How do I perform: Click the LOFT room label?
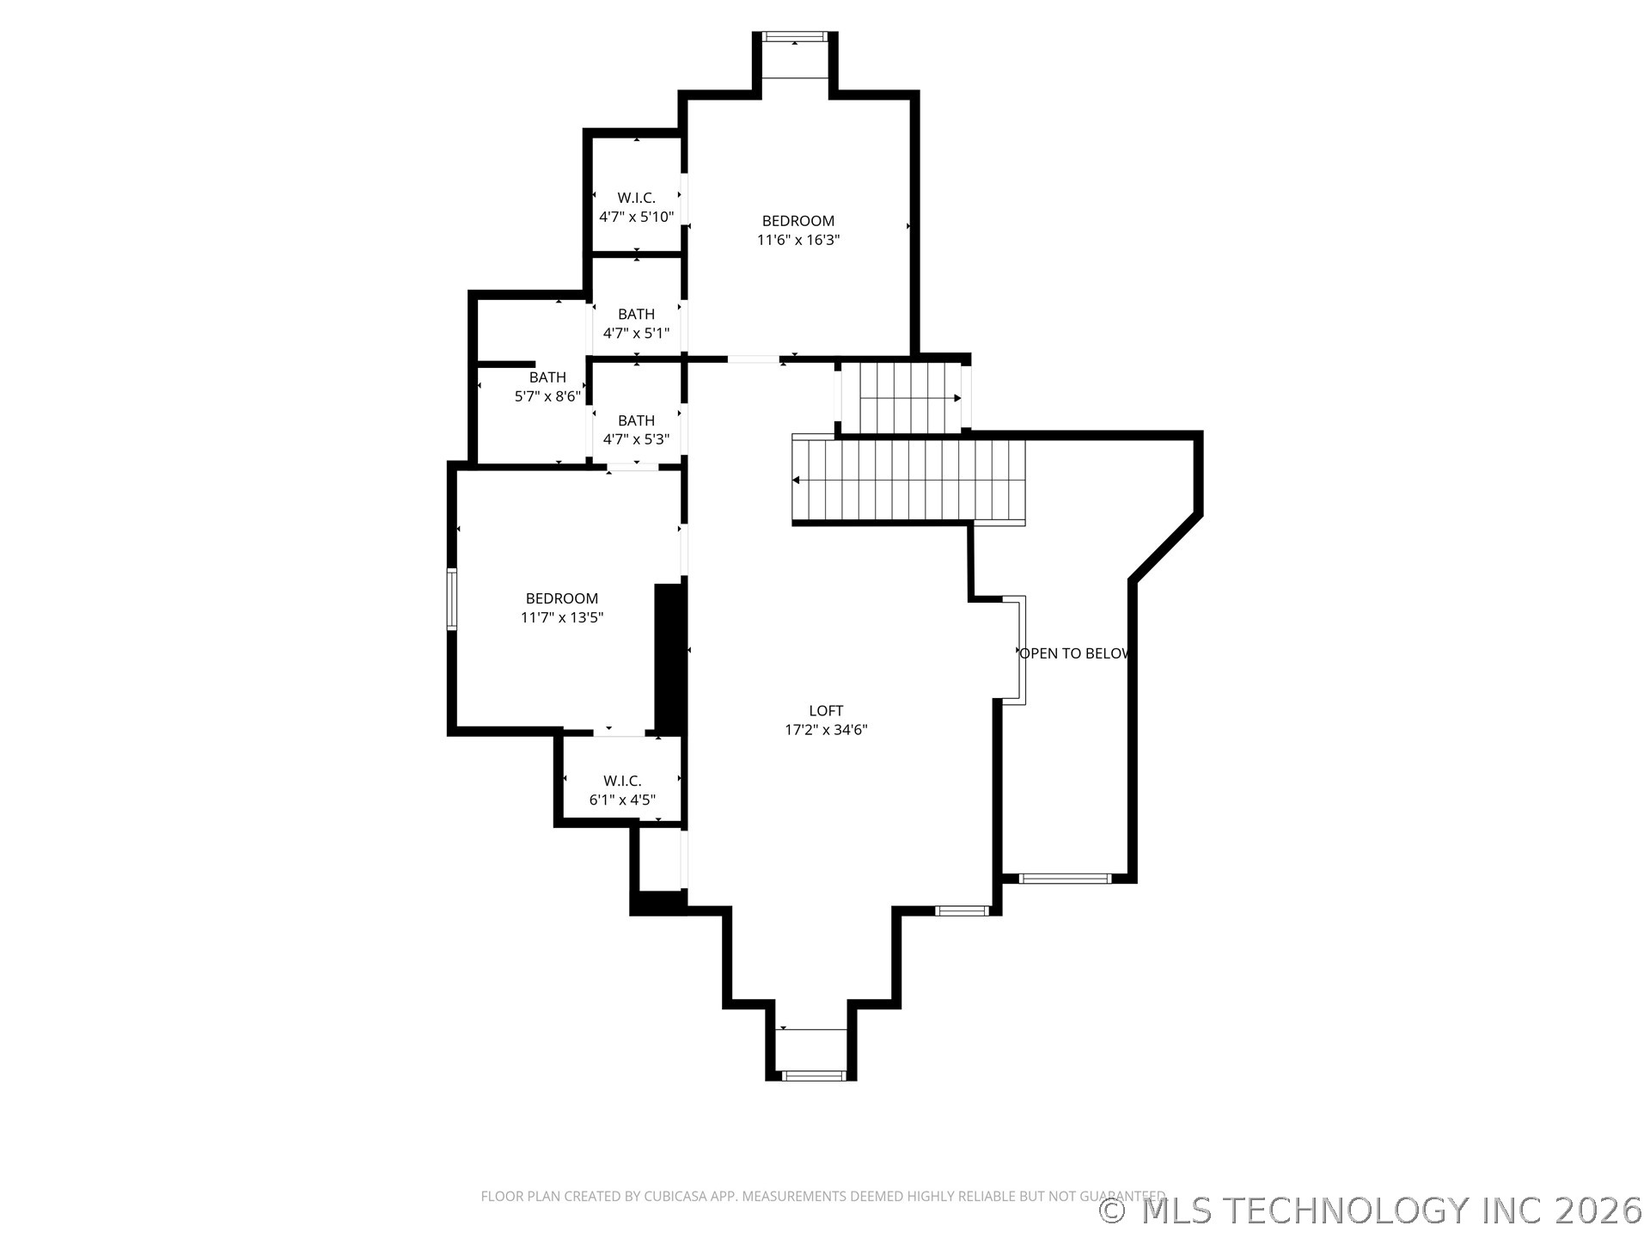826,711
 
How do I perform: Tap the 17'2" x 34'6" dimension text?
826,730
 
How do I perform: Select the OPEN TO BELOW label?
1073,653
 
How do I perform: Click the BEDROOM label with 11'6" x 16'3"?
798,221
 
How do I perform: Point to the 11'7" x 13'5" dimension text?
562,617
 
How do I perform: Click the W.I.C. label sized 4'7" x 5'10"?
636,198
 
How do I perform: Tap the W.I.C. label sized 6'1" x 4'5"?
622,781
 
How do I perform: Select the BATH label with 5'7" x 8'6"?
547,377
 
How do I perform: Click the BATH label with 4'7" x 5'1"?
636,315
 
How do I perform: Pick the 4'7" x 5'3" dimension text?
636,439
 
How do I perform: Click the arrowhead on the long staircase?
796,480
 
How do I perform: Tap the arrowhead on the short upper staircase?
957,398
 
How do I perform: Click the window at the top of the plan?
795,37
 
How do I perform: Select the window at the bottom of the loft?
812,1076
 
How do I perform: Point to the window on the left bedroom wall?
451,598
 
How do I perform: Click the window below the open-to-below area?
1065,879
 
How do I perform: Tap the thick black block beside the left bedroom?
669,659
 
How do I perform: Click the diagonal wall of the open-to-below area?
1165,548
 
